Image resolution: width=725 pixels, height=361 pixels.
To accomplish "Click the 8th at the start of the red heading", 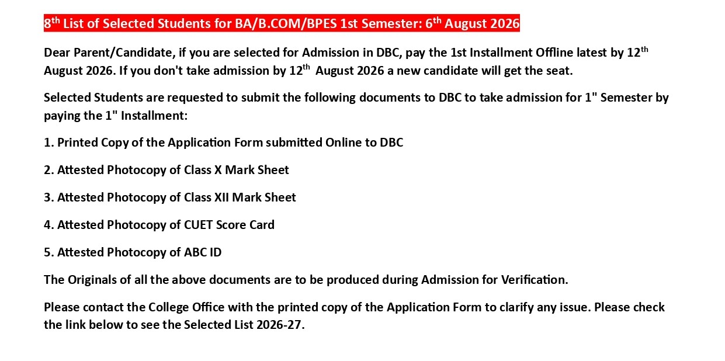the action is click(x=52, y=23).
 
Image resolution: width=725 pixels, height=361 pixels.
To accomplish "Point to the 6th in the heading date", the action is click(x=433, y=23).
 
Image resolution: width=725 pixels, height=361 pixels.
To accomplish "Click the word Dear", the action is click(x=57, y=53).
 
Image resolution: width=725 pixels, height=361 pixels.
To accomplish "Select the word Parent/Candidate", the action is click(x=124, y=53).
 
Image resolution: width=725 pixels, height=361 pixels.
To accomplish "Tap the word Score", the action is click(x=231, y=225).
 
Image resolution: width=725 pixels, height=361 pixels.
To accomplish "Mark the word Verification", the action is click(x=535, y=280).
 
